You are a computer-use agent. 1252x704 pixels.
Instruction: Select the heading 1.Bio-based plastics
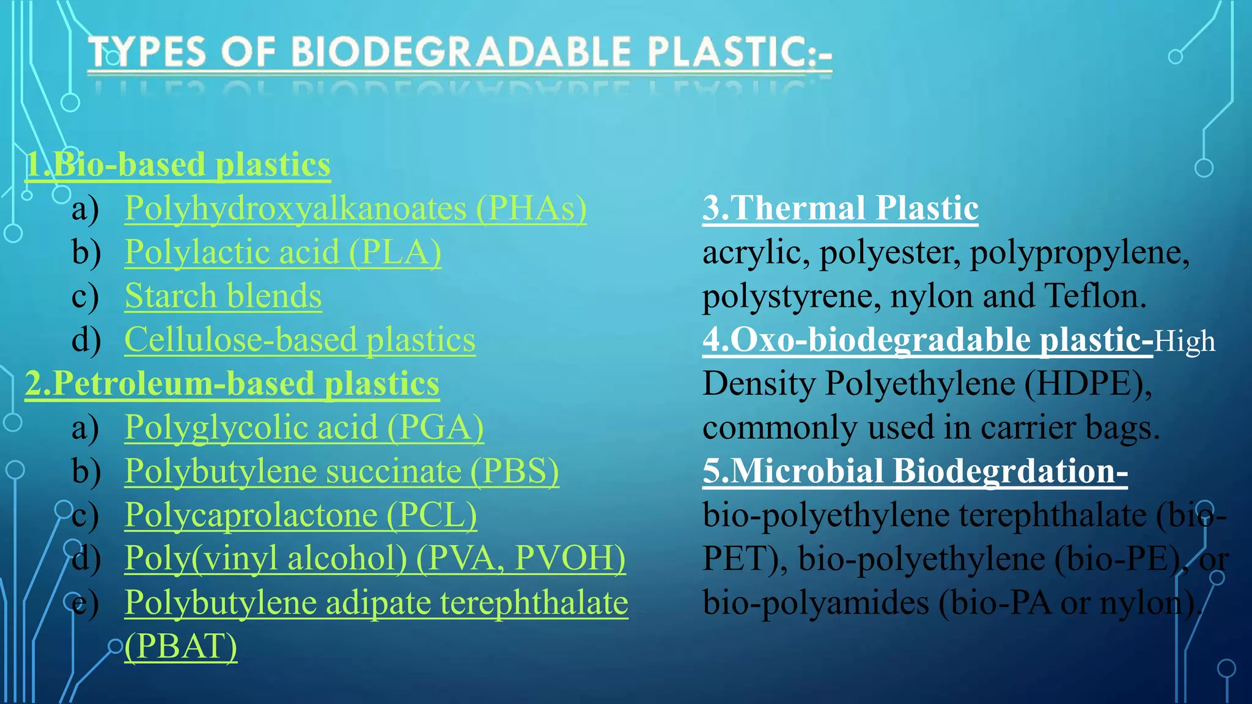point(178,165)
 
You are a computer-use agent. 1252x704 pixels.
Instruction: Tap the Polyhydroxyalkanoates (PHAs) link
point(355,209)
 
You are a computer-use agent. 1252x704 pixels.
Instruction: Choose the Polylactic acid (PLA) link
point(282,252)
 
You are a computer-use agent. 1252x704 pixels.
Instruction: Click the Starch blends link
point(223,296)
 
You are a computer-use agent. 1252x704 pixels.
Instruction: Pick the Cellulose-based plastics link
point(300,340)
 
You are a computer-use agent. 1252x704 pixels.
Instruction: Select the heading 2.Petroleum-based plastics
point(232,384)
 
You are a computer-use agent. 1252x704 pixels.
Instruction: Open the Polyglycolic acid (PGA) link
point(304,428)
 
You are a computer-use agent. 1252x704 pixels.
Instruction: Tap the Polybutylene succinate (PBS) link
point(342,472)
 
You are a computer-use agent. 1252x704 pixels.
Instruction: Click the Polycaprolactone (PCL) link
point(300,515)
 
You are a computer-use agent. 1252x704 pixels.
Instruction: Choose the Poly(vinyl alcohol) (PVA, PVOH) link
point(375,559)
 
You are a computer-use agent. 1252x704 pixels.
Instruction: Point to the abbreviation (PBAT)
point(181,647)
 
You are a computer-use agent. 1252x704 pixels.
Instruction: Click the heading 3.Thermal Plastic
point(840,208)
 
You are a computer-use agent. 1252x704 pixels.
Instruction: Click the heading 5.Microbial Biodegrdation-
point(915,472)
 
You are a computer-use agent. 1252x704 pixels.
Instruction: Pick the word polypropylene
point(1079,252)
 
